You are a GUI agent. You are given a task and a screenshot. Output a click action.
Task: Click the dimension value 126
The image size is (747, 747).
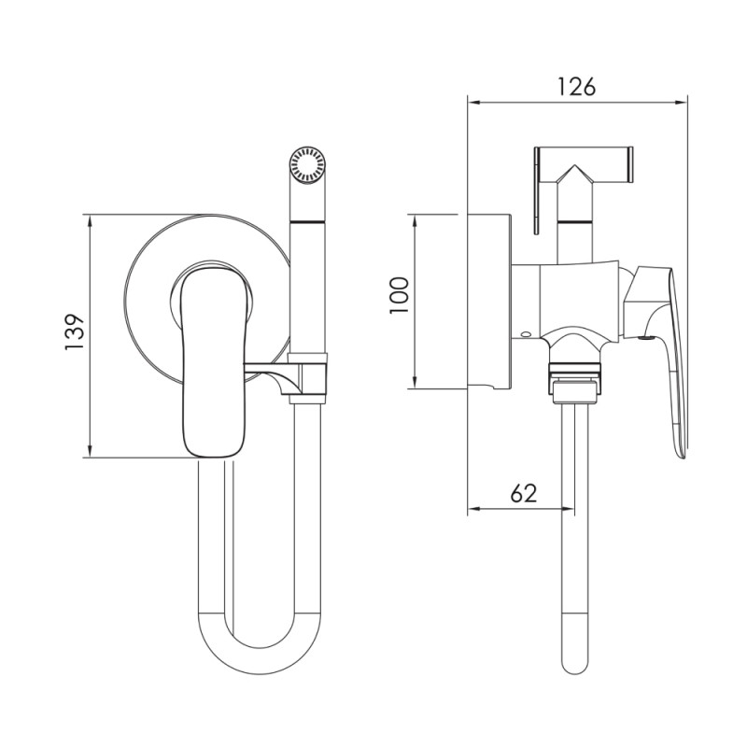(x=576, y=87)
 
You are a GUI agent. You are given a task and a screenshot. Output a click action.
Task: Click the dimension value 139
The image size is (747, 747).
(x=75, y=332)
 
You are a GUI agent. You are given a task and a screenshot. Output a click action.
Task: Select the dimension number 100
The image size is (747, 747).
(x=400, y=295)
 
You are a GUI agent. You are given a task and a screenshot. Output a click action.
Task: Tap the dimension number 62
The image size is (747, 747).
(x=524, y=494)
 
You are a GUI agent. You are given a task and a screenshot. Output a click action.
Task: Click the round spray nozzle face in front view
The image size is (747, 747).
(x=307, y=164)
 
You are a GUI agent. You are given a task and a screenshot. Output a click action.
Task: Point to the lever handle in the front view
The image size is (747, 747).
(x=215, y=363)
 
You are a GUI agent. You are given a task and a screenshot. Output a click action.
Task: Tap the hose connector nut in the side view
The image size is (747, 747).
(x=575, y=381)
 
